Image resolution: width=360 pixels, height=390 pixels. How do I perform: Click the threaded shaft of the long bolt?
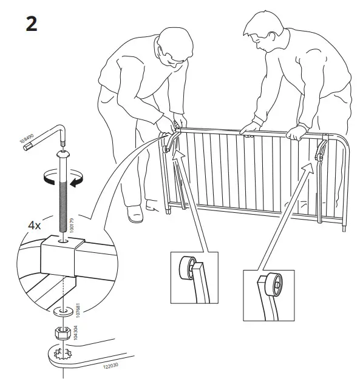coord(64,194)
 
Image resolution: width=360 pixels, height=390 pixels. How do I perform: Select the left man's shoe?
coord(135,213)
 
